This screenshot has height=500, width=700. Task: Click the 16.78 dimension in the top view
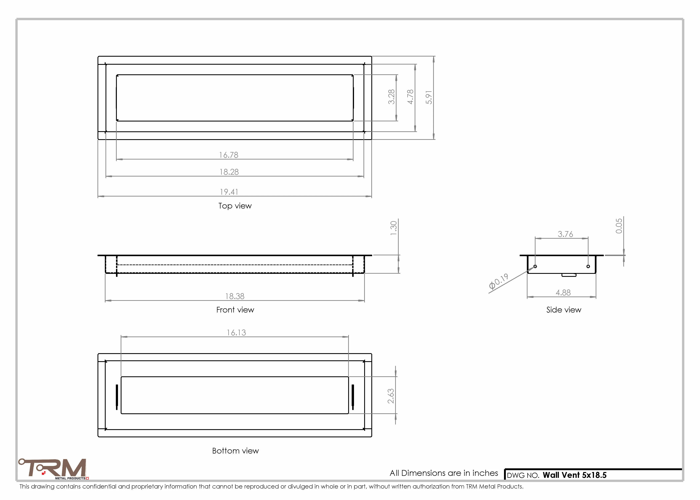[x=229, y=155]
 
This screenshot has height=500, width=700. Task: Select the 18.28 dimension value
[x=229, y=172]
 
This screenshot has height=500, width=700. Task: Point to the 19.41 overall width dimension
[x=229, y=192]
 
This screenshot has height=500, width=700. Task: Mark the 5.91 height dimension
[x=429, y=97]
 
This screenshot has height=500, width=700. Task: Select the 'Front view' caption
[x=235, y=310]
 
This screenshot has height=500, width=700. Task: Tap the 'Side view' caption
[x=564, y=310]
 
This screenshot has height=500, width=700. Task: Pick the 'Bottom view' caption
[x=235, y=451]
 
